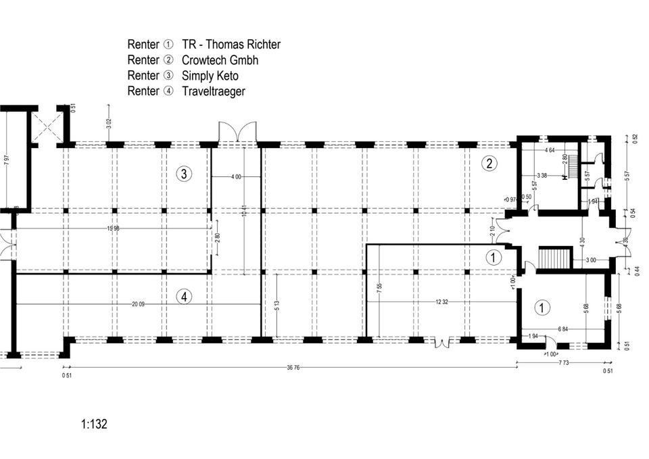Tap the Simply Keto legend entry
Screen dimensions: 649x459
point(210,76)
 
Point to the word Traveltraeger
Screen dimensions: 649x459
point(214,91)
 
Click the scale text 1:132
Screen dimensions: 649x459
point(94,425)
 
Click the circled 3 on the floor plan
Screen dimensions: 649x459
point(184,174)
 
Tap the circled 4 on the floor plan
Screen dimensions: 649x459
point(183,295)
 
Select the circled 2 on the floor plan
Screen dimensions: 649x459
point(489,162)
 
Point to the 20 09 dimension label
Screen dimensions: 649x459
point(139,304)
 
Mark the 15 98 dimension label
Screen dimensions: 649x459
point(114,228)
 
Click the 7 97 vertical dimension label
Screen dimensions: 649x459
point(7,161)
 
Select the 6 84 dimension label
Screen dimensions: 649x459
point(562,329)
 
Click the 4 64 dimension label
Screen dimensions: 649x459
point(549,150)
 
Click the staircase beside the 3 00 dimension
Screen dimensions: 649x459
point(552,258)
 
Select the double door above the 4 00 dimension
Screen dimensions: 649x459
point(237,132)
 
